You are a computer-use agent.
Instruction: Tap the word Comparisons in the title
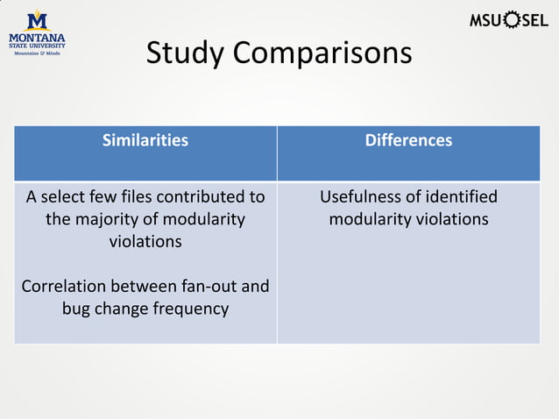(321, 53)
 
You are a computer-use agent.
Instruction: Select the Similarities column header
(145, 140)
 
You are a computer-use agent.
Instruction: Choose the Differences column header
(408, 140)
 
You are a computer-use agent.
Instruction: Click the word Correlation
(67, 287)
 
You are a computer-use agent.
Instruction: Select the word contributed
(197, 196)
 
